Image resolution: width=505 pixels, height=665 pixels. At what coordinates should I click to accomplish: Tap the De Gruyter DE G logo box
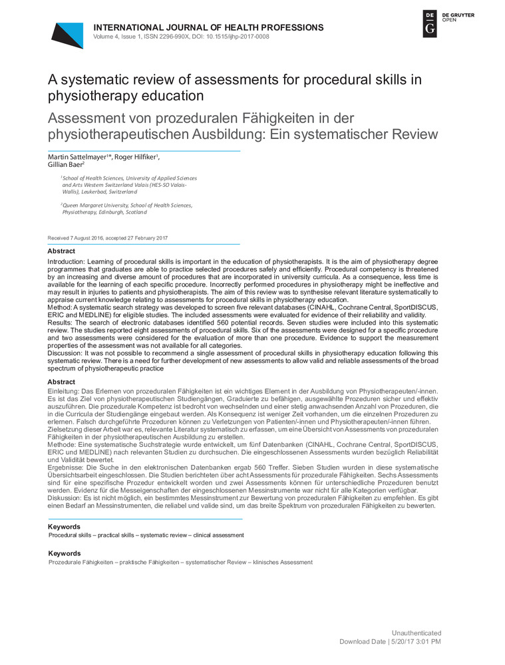pos(430,24)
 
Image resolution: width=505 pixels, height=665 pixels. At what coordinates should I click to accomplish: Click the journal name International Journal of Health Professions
pos(209,27)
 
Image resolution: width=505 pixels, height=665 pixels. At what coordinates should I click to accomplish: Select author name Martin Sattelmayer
pos(79,157)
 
